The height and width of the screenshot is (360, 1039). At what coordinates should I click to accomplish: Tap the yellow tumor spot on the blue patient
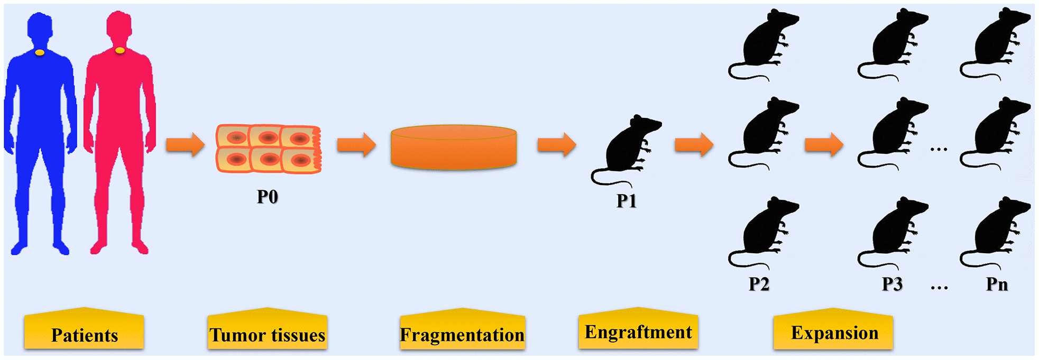pyautogui.click(x=40, y=52)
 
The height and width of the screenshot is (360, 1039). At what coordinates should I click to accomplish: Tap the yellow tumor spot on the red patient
pyautogui.click(x=120, y=50)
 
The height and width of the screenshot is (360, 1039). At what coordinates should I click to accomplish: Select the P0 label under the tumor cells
pyautogui.click(x=267, y=197)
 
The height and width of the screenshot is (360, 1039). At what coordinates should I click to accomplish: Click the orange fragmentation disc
pyautogui.click(x=453, y=147)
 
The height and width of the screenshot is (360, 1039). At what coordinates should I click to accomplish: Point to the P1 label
pyautogui.click(x=627, y=201)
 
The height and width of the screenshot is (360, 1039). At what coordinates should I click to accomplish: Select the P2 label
pyautogui.click(x=759, y=284)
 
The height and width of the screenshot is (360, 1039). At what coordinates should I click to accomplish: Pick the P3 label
pyautogui.click(x=892, y=284)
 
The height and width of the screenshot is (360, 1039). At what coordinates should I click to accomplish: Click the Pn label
pyautogui.click(x=997, y=284)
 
